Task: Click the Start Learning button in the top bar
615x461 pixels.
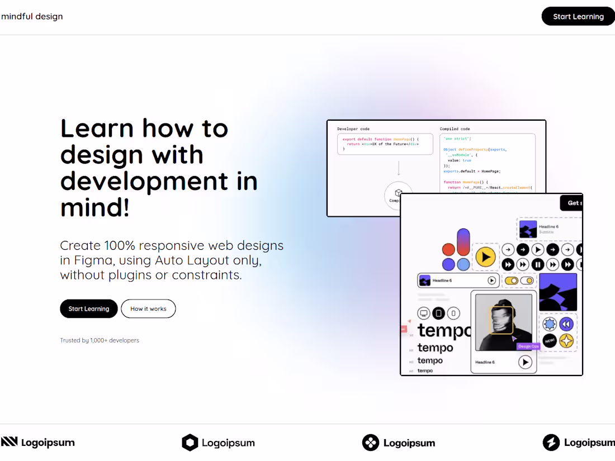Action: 578,16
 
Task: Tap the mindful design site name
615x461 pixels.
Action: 32,16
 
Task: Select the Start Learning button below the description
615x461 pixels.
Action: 88,308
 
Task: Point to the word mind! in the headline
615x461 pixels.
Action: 95,208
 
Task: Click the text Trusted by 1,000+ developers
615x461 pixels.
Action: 100,340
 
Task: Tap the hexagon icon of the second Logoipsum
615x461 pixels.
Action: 190,443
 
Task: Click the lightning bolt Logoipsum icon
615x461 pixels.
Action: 551,443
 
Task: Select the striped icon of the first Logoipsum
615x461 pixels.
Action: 10,442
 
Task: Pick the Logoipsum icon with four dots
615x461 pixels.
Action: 371,443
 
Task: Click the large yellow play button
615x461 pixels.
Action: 485,257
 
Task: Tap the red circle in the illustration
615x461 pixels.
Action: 448,249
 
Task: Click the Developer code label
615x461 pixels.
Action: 353,129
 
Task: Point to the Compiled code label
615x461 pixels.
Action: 455,129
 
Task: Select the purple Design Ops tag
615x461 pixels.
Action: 528,346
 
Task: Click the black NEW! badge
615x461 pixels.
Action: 550,340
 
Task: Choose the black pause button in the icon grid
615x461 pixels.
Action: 538,264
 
